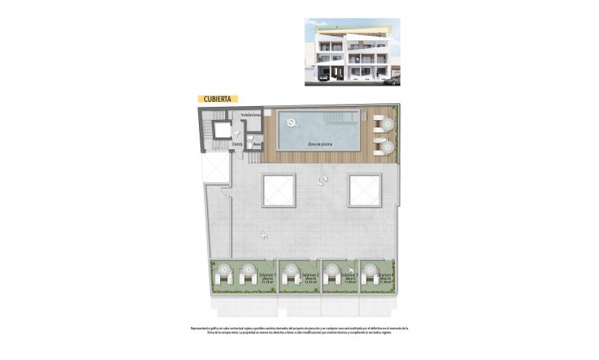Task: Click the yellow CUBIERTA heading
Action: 217,97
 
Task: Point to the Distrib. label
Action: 237,144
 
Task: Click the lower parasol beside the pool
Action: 385,147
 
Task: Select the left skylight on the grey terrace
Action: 279,192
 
